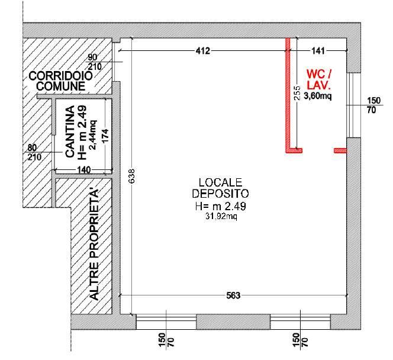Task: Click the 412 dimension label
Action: coord(203,51)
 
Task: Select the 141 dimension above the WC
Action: coord(318,51)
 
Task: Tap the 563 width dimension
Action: coord(233,295)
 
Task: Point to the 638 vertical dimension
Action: coord(132,176)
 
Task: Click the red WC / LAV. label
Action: coord(319,80)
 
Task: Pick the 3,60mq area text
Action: coord(318,95)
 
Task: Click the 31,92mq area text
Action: coord(221,216)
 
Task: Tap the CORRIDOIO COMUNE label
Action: coord(60,81)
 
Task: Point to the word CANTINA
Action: coord(70,131)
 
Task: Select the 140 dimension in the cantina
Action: coord(83,170)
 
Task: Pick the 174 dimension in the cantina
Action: coord(105,136)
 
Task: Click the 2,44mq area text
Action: coord(93,135)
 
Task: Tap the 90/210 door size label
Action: coord(94,62)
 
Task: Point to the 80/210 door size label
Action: coord(34,152)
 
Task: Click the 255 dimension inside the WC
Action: coord(297,93)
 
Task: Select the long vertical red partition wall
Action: coord(288,94)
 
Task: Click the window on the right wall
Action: coord(353,105)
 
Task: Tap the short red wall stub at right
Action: coord(340,150)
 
